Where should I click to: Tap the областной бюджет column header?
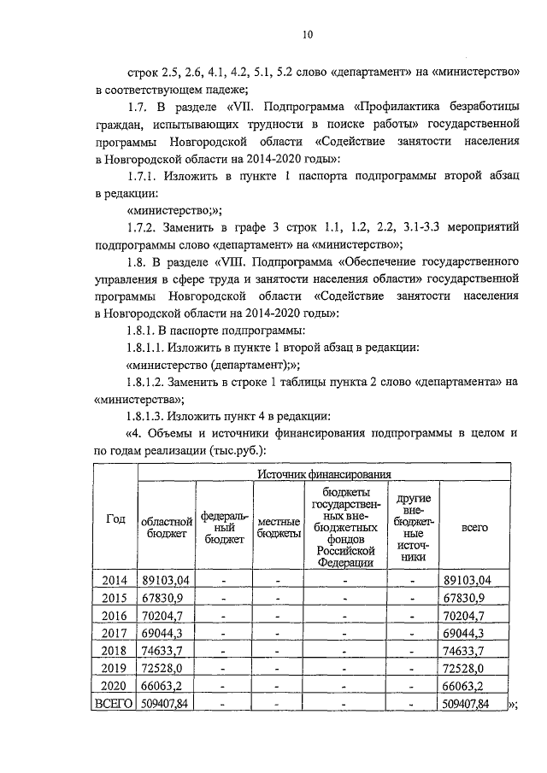tap(167, 527)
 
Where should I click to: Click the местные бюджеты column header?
tap(279, 527)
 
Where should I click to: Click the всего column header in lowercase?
tap(474, 527)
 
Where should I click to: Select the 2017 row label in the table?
tap(115, 633)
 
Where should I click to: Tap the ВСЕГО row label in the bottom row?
tap(115, 704)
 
